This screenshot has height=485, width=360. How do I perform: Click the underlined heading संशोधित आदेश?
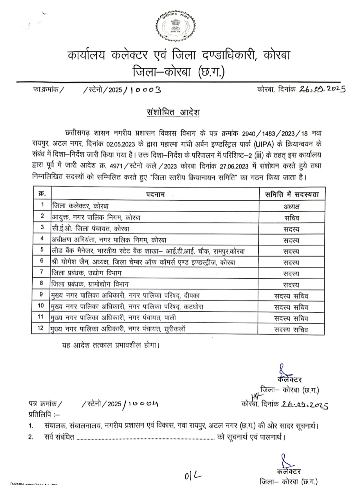click(173, 112)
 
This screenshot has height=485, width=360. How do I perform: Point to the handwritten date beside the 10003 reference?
click(322, 89)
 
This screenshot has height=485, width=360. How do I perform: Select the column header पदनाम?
click(155, 194)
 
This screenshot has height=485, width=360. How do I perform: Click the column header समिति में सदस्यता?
click(292, 194)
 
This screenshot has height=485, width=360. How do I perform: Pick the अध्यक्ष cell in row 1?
click(292, 206)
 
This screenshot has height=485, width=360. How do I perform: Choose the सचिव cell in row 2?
click(292, 218)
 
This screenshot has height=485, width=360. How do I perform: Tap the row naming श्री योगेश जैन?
click(143, 262)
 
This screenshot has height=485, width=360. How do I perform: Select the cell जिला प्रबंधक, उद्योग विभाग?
click(87, 273)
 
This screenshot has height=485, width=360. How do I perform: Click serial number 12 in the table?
click(41, 328)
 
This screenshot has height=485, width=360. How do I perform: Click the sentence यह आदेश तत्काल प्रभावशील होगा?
click(111, 345)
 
